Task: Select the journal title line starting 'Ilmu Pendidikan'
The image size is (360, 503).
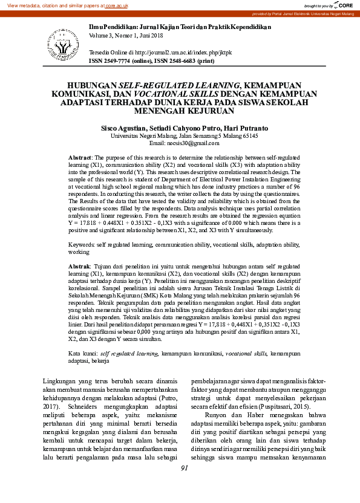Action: coord(180,27)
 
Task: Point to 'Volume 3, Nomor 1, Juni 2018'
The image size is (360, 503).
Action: coord(129,36)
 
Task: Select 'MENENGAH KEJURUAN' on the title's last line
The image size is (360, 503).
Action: coord(180,111)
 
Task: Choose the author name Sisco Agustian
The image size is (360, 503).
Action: coord(123,129)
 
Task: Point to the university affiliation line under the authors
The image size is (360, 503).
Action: coord(180,136)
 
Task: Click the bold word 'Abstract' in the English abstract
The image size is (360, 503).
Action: coord(80,157)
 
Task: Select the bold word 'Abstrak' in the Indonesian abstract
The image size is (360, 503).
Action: coord(79,266)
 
